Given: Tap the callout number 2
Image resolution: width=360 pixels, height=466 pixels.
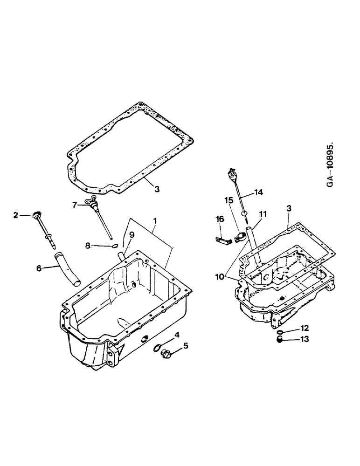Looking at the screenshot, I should point(15,215).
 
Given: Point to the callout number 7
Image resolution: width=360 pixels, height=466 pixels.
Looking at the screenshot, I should point(74,204).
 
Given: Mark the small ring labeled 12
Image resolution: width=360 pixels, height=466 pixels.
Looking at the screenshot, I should point(280,332).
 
